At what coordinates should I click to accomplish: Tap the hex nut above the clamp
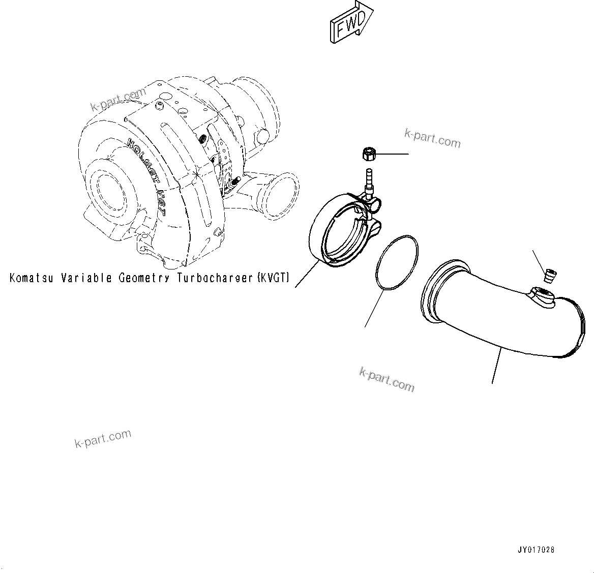pyautogui.click(x=368, y=153)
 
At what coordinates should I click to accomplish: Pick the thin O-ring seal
pyautogui.click(x=397, y=263)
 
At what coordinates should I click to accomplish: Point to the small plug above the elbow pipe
pyautogui.click(x=549, y=276)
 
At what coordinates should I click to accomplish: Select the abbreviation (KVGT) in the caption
pyautogui.click(x=273, y=278)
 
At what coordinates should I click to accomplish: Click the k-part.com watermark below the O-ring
pyautogui.click(x=387, y=379)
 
